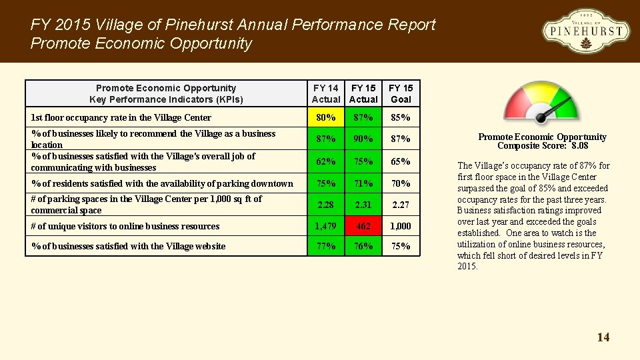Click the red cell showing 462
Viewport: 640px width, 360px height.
click(x=363, y=226)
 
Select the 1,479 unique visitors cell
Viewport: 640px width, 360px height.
click(x=326, y=226)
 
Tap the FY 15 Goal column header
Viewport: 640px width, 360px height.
click(x=401, y=93)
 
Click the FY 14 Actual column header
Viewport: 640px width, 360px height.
click(x=326, y=93)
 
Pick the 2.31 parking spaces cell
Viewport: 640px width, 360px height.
click(x=363, y=205)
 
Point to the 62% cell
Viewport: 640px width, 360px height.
click(x=326, y=161)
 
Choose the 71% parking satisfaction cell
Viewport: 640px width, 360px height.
click(x=363, y=183)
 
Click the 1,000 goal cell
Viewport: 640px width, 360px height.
click(x=401, y=226)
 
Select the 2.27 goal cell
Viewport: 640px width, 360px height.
click(x=401, y=205)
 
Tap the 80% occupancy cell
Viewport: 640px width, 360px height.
click(x=326, y=118)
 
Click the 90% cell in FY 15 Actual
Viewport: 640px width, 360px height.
click(x=363, y=139)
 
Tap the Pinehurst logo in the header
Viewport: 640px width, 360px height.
click(x=585, y=31)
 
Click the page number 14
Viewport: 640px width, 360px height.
click(x=603, y=337)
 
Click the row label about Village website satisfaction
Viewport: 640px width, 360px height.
click(x=128, y=247)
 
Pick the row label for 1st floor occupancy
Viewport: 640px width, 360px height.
click(x=121, y=118)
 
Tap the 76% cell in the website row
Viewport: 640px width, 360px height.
click(x=363, y=246)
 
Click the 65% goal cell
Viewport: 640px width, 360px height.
click(x=401, y=161)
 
